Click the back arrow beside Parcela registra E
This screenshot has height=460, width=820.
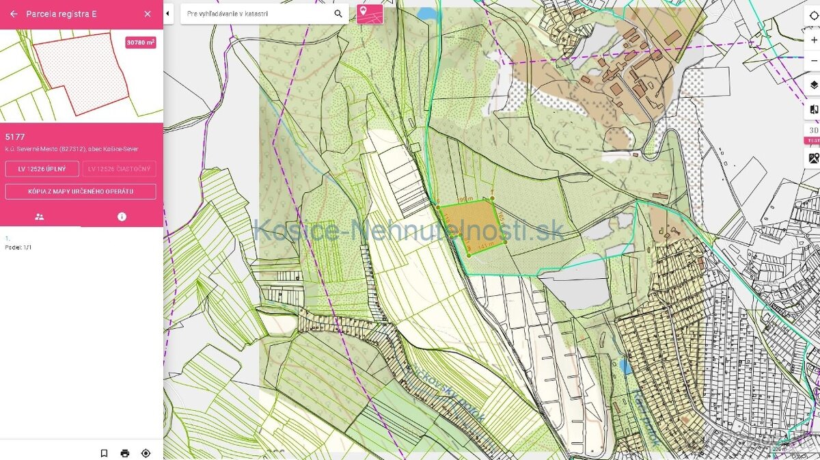14,14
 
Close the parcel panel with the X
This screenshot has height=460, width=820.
148,14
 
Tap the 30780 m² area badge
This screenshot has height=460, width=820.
141,42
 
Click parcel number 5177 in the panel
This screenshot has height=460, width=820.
15,137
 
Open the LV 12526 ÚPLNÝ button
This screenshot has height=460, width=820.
42,169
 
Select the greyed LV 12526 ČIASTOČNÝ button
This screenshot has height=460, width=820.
119,169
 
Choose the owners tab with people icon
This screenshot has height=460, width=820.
40,217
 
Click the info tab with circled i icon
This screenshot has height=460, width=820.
122,217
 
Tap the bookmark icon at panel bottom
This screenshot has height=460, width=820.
104,452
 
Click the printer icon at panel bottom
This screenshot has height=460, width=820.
125,452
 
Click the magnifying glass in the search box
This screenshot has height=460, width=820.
338,14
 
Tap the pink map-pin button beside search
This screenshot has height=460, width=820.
370,13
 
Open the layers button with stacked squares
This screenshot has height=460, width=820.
813,85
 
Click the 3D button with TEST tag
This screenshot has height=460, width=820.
813,131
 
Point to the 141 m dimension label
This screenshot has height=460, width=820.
486,244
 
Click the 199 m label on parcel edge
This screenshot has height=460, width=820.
465,199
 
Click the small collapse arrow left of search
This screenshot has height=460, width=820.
168,13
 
